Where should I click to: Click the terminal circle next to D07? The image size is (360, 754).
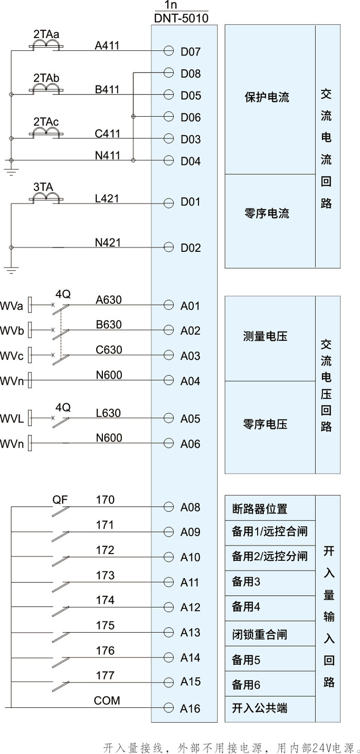point(168,51)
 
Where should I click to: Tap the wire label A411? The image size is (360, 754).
point(107,46)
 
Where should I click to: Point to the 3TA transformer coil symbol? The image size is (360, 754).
point(47,198)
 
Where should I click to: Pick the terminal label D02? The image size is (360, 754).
point(190,248)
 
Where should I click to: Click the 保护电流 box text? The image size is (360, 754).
point(267,97)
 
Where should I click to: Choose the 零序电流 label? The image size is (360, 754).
point(267,213)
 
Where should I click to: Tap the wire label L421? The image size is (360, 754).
point(107,198)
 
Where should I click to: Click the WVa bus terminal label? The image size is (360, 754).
point(12,306)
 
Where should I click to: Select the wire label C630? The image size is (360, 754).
point(109,350)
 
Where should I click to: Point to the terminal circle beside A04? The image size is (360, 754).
point(168,380)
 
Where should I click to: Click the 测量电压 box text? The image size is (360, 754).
point(265,337)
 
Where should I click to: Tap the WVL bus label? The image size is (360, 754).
point(12,419)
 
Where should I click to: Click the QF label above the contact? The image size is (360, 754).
point(60,499)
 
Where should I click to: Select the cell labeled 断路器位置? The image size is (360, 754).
point(260,509)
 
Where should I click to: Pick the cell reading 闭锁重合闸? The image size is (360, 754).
point(260,634)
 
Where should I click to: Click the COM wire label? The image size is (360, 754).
point(107,701)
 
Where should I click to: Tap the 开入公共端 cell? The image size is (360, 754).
point(260,708)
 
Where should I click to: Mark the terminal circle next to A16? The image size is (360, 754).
point(168,708)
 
